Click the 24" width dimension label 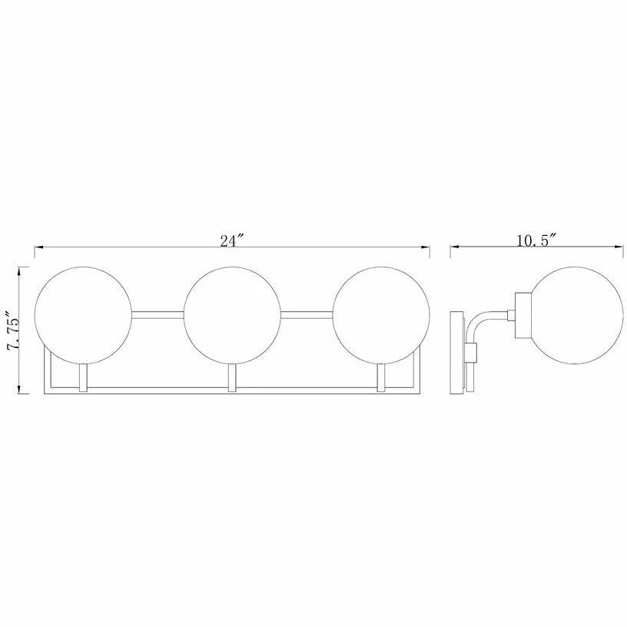pyautogui.click(x=231, y=240)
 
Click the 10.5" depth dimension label pyautogui.click(x=536, y=240)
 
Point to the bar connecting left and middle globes pyautogui.click(x=158, y=312)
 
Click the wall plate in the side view pyautogui.click(x=457, y=352)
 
